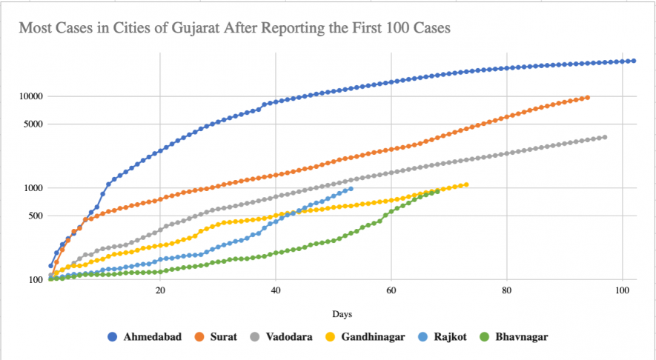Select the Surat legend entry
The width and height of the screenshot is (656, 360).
click(x=221, y=336)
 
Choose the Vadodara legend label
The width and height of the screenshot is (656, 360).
click(x=285, y=336)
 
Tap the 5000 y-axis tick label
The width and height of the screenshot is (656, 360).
click(x=34, y=124)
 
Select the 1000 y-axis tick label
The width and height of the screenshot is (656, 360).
click(x=34, y=188)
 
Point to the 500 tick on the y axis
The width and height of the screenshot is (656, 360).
click(x=36, y=216)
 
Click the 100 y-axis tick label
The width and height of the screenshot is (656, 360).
click(x=36, y=280)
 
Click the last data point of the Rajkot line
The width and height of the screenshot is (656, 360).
click(x=351, y=189)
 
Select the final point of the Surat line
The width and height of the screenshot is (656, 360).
click(x=587, y=97)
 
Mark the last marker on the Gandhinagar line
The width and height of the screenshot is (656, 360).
click(x=466, y=184)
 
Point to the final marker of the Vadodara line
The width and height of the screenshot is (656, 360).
click(x=605, y=137)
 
